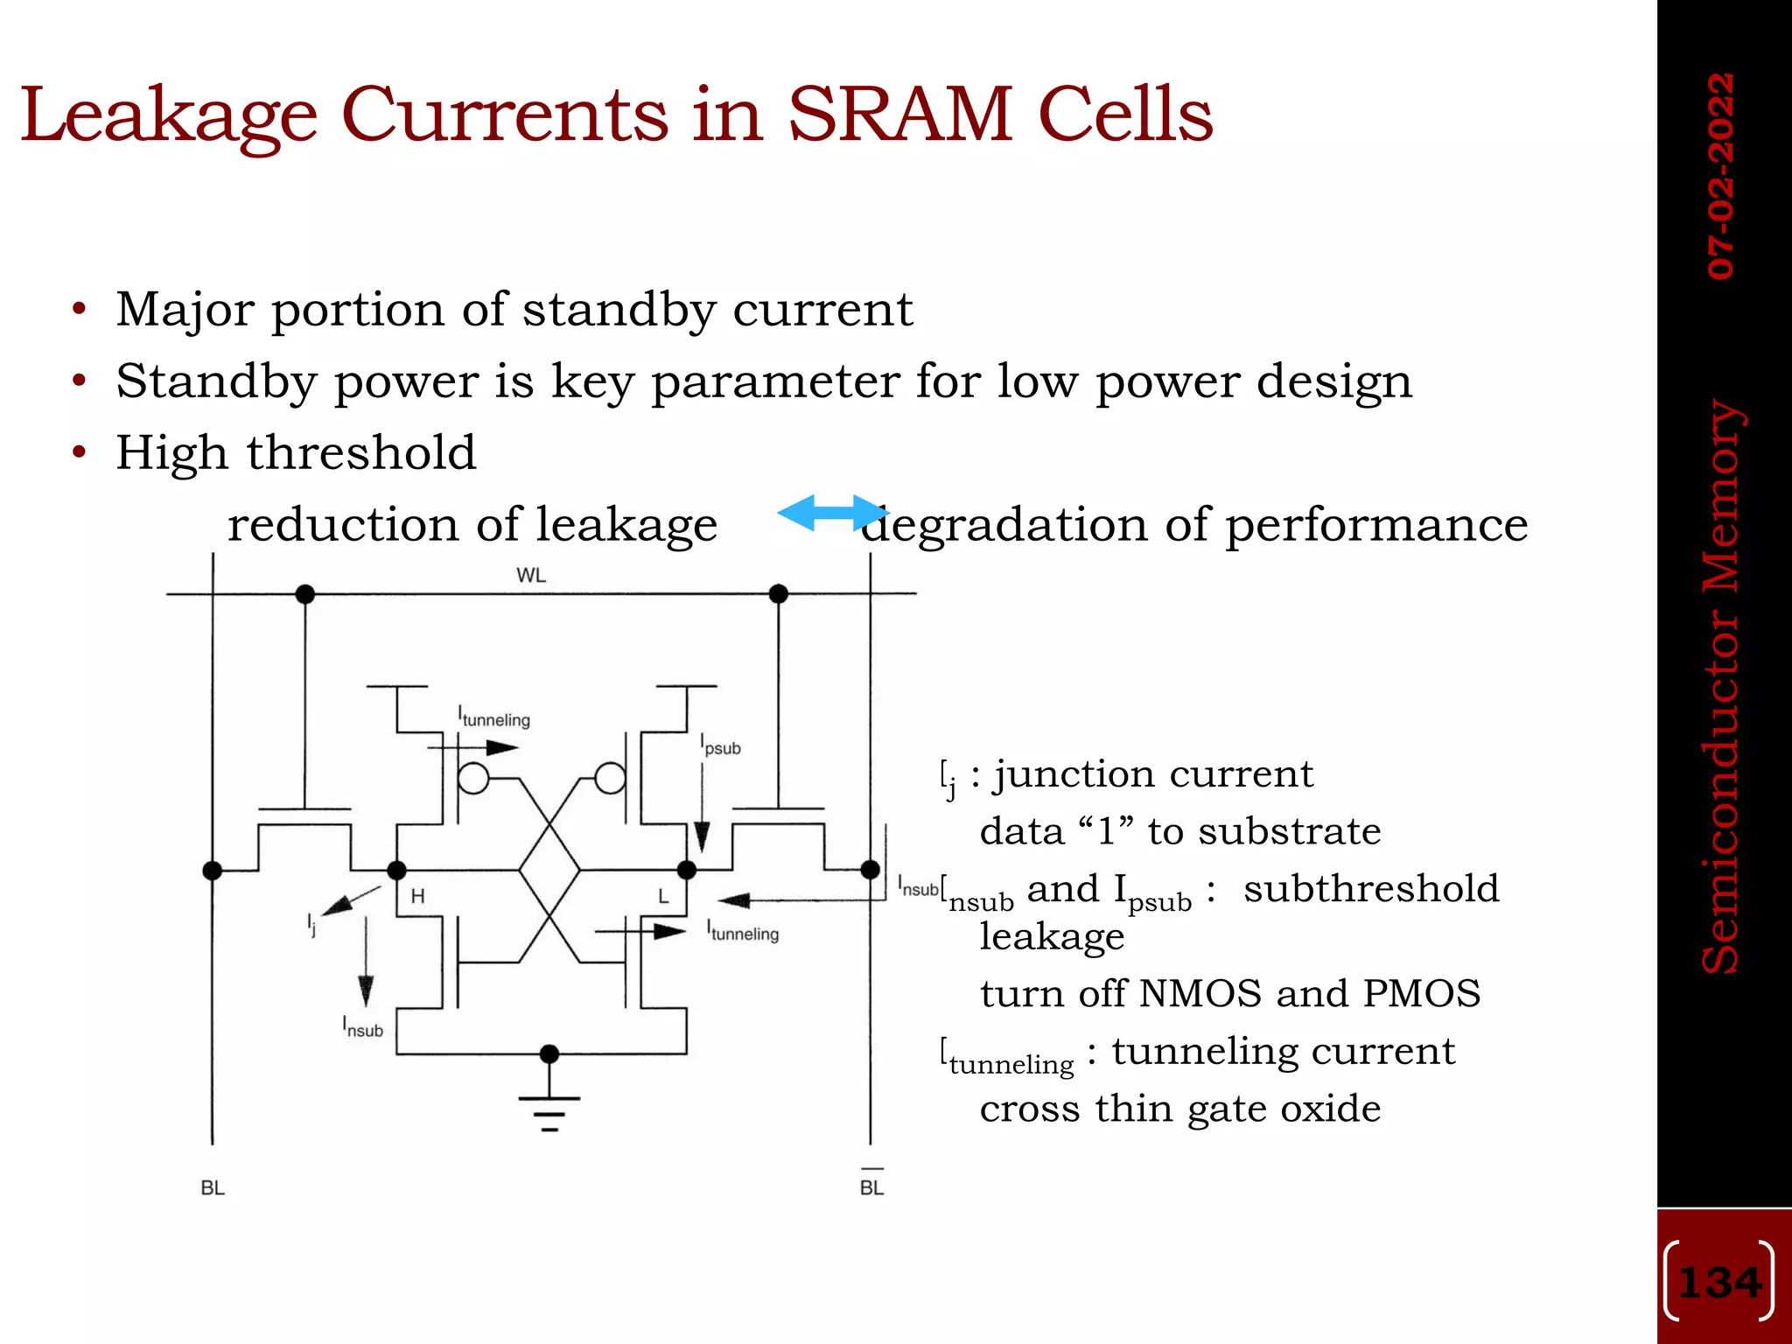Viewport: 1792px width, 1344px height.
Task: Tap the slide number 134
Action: click(1719, 1283)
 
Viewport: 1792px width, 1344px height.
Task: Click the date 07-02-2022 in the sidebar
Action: click(1720, 176)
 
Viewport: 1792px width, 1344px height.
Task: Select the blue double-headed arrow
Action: click(832, 513)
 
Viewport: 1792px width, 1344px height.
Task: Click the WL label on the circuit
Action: click(531, 575)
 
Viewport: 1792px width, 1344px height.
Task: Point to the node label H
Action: click(417, 896)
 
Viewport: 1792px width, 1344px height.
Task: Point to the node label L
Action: click(663, 896)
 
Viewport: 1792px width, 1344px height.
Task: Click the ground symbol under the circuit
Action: click(549, 1111)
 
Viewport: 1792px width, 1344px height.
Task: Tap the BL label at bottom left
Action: click(213, 1187)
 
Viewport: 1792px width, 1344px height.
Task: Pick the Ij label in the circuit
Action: click(311, 924)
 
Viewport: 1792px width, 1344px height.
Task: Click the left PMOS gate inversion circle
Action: click(473, 778)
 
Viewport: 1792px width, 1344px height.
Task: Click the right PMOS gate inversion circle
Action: click(610, 778)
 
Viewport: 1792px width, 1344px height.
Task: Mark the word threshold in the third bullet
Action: click(361, 452)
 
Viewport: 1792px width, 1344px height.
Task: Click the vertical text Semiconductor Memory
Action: click(1721, 686)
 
